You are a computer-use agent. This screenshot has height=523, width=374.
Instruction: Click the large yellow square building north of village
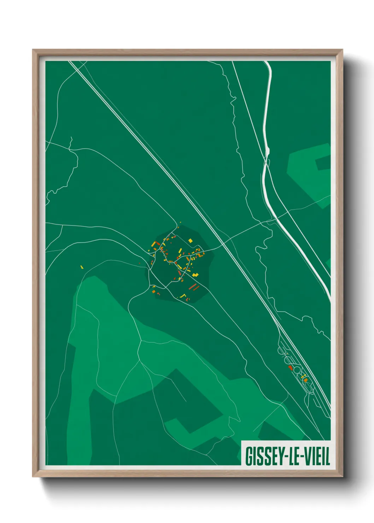pyautogui.click(x=190, y=241)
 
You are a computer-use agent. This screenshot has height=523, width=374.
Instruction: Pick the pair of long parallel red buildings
pyautogui.click(x=193, y=287)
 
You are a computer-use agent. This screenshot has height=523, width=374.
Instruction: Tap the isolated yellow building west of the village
pyautogui.click(x=82, y=267)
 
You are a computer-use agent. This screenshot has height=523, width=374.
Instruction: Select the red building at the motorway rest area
pyautogui.click(x=291, y=368)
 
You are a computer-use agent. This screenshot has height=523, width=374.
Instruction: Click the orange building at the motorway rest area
pyautogui.click(x=306, y=380)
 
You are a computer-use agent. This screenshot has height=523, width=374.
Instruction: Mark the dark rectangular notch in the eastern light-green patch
pyautogui.click(x=322, y=163)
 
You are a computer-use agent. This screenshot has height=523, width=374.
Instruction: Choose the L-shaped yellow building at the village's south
pyautogui.click(x=183, y=296)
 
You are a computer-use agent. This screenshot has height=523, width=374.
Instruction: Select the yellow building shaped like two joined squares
pyautogui.click(x=195, y=275)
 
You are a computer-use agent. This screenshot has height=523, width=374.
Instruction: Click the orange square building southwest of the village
pyautogui.click(x=153, y=291)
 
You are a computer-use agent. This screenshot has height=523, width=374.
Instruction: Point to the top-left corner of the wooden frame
pyautogui.click(x=33, y=50)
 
